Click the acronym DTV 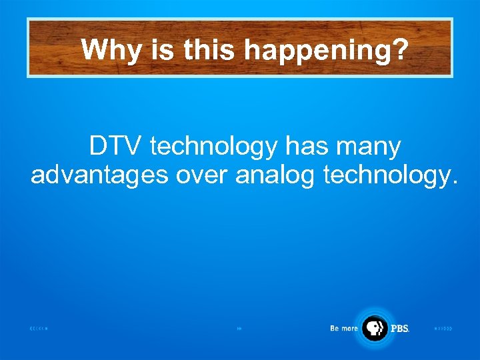[x=117, y=146]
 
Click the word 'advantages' [x=100, y=175]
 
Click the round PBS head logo [x=374, y=328]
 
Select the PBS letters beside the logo [x=400, y=329]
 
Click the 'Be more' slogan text [x=344, y=328]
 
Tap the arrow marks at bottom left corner [x=39, y=329]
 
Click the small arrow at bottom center [x=239, y=329]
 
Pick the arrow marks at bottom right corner [x=443, y=329]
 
